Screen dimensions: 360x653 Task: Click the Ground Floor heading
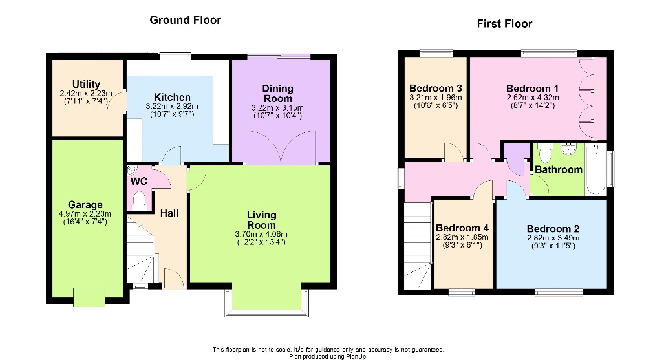[185, 20]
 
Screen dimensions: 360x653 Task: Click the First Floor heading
[504, 24]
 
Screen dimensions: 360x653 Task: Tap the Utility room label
[86, 85]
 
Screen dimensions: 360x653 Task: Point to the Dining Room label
[278, 89]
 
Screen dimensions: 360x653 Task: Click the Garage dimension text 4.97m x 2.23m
[81, 214]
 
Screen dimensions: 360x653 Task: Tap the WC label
[139, 182]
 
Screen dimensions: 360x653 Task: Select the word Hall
[169, 213]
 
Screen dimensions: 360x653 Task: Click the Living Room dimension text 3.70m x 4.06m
[262, 234]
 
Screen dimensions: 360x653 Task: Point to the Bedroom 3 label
[435, 89]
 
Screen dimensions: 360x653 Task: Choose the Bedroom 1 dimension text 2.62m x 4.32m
[532, 98]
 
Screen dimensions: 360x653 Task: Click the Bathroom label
[558, 170]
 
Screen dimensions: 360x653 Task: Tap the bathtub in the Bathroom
[595, 169]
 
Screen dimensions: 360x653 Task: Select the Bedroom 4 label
[462, 228]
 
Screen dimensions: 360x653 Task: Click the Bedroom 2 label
[553, 229]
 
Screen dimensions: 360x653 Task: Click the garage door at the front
[89, 297]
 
